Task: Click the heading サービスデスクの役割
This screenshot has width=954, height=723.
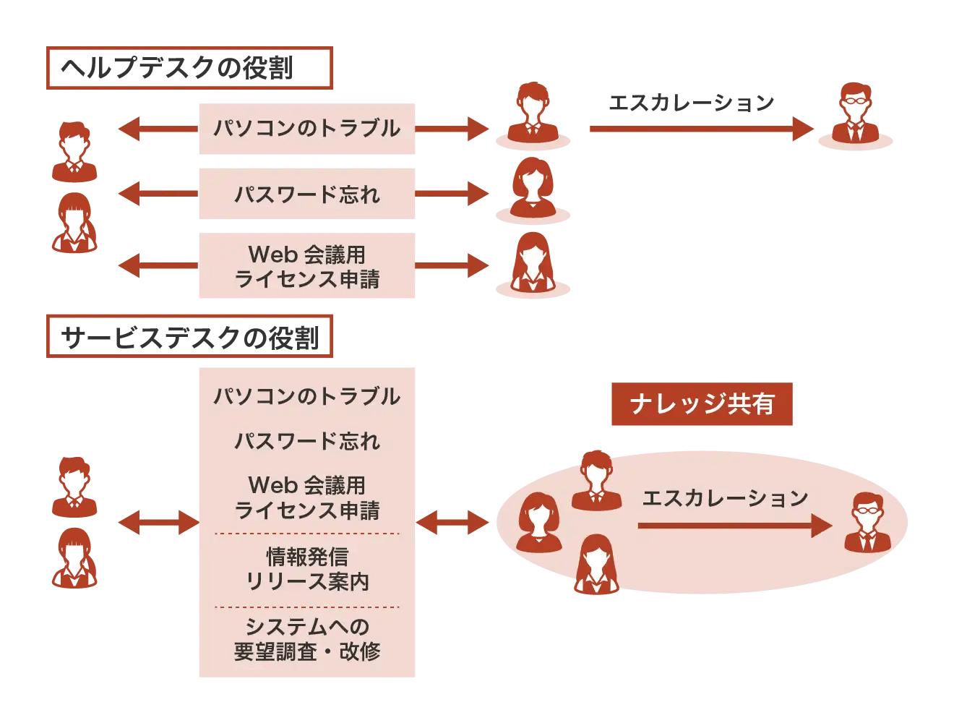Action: [x=189, y=336]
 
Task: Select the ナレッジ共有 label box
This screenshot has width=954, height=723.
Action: [x=702, y=404]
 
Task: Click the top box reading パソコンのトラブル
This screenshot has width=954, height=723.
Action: [x=306, y=129]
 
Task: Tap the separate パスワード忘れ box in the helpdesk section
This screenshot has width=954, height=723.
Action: [x=306, y=194]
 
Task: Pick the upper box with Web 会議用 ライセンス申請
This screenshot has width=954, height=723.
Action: [x=306, y=265]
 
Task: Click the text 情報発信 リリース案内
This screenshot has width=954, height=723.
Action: [x=306, y=569]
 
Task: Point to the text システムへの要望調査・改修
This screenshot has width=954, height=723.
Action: [x=306, y=639]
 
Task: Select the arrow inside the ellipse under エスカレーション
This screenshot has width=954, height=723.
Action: [x=734, y=526]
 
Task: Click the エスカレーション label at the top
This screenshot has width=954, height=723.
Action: [x=691, y=103]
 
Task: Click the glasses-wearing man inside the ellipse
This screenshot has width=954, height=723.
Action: [x=867, y=523]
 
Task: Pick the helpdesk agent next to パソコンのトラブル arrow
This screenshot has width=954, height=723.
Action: [x=533, y=114]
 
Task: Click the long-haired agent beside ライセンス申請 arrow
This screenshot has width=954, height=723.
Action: [x=533, y=263]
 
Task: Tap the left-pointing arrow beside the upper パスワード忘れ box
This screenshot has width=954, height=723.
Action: [x=158, y=194]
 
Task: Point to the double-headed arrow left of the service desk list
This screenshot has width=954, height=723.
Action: [x=158, y=522]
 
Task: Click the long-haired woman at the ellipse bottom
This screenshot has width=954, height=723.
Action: [x=596, y=565]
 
